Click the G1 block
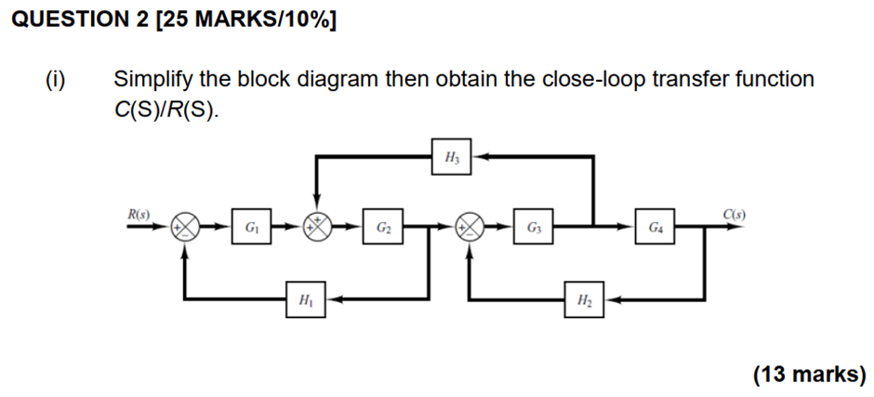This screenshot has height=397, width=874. point(252,227)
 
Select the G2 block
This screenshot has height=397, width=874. point(383,227)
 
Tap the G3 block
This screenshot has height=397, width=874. point(533,227)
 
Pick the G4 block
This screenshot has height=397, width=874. point(656,227)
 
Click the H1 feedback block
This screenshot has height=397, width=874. point(306,300)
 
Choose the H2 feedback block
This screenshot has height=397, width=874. point(583,300)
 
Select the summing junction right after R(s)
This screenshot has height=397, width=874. point(184,227)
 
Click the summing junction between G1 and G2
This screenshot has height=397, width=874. point(319,227)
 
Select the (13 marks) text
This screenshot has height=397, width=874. point(809,374)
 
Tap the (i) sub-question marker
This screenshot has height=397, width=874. point(57,79)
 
